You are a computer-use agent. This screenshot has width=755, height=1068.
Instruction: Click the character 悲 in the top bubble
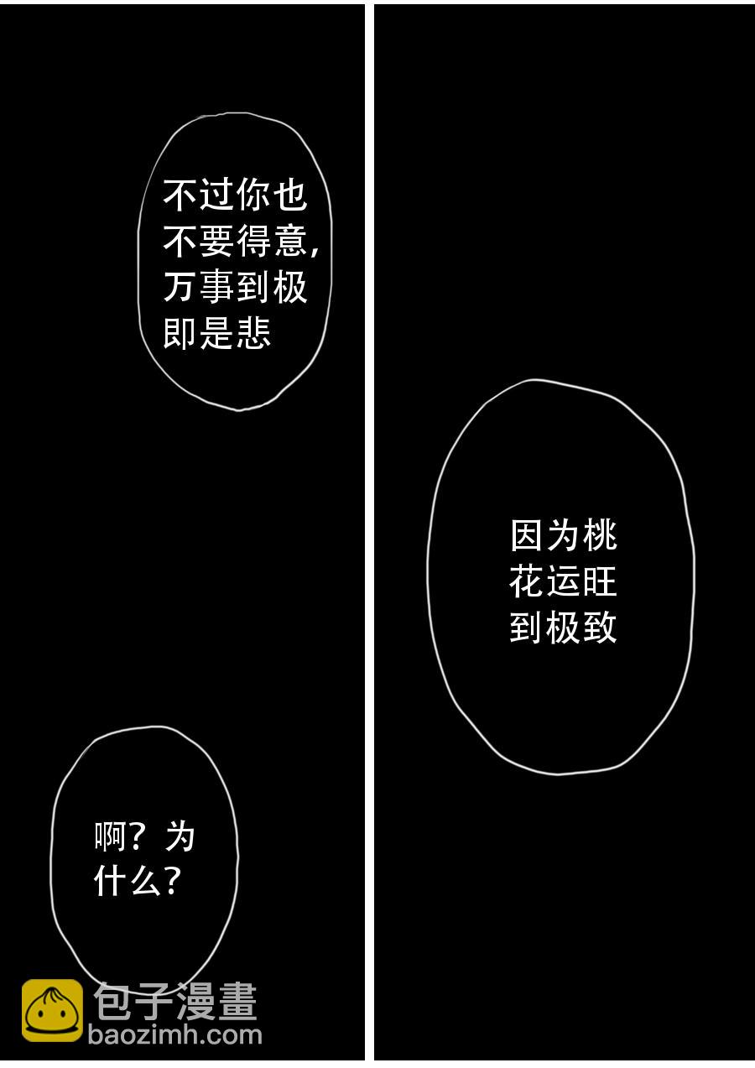tap(253, 334)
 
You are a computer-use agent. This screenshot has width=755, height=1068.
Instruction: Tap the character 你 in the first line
tap(253, 195)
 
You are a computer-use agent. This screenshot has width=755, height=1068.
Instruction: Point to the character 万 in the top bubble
tap(180, 288)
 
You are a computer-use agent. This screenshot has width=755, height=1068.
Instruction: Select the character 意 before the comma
tap(289, 242)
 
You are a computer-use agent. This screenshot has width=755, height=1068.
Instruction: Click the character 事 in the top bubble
tap(216, 288)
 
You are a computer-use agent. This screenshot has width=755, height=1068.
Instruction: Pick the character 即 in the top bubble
tap(180, 334)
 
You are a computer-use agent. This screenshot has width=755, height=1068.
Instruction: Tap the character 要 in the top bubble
tap(216, 242)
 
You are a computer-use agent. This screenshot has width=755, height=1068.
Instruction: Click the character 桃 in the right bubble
tap(600, 535)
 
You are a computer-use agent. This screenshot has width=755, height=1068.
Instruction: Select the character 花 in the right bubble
tap(527, 581)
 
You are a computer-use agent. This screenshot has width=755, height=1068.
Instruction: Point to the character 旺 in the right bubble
tap(600, 581)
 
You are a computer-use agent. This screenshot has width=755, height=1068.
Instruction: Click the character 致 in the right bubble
tap(600, 628)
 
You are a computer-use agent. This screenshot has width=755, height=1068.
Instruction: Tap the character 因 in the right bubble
tap(527, 535)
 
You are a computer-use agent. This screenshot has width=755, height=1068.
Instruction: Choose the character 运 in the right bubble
tap(563, 581)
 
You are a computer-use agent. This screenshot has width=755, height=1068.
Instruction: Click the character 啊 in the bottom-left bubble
tap(111, 836)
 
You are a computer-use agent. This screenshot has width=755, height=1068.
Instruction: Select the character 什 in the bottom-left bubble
tap(111, 881)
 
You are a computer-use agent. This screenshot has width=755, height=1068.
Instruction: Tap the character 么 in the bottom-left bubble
tap(143, 881)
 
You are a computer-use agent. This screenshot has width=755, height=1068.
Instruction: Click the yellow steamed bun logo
tap(52, 1011)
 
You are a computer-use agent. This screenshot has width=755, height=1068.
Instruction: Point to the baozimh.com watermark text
tap(174, 1035)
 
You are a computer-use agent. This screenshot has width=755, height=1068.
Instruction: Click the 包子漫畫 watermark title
tap(174, 1002)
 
